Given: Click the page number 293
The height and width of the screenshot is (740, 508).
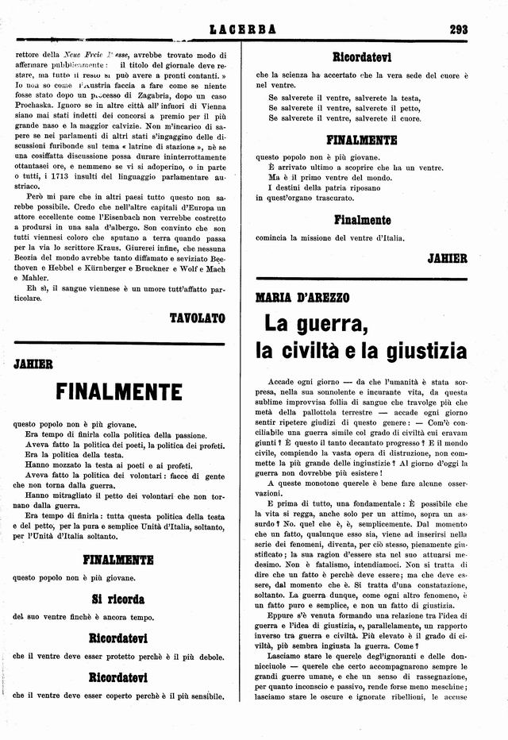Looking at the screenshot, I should (458, 30).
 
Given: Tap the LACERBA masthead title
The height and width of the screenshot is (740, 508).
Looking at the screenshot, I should (243, 30).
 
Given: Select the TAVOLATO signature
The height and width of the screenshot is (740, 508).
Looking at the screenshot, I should (198, 318).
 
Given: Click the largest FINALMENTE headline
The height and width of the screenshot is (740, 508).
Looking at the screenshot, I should (119, 392).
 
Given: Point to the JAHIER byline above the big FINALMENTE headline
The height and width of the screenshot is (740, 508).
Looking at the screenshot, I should (33, 364).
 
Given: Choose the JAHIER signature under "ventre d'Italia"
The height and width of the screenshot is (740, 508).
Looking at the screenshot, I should (447, 258).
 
